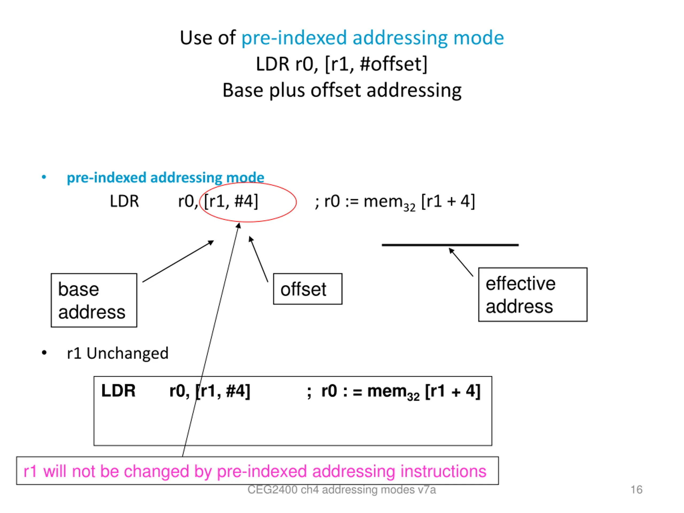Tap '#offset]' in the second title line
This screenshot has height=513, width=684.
394,64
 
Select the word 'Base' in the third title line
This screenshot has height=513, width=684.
243,90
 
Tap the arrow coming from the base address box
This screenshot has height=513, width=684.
178,261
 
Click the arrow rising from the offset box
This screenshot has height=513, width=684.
259,259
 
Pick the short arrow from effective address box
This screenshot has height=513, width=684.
461,262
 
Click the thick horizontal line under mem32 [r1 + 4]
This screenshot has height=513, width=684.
450,245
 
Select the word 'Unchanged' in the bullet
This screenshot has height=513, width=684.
127,353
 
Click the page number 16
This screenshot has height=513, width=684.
636,489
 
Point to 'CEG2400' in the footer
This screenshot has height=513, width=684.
273,489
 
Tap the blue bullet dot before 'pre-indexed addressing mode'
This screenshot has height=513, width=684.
44,177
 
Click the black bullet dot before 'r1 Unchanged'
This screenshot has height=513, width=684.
44,353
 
